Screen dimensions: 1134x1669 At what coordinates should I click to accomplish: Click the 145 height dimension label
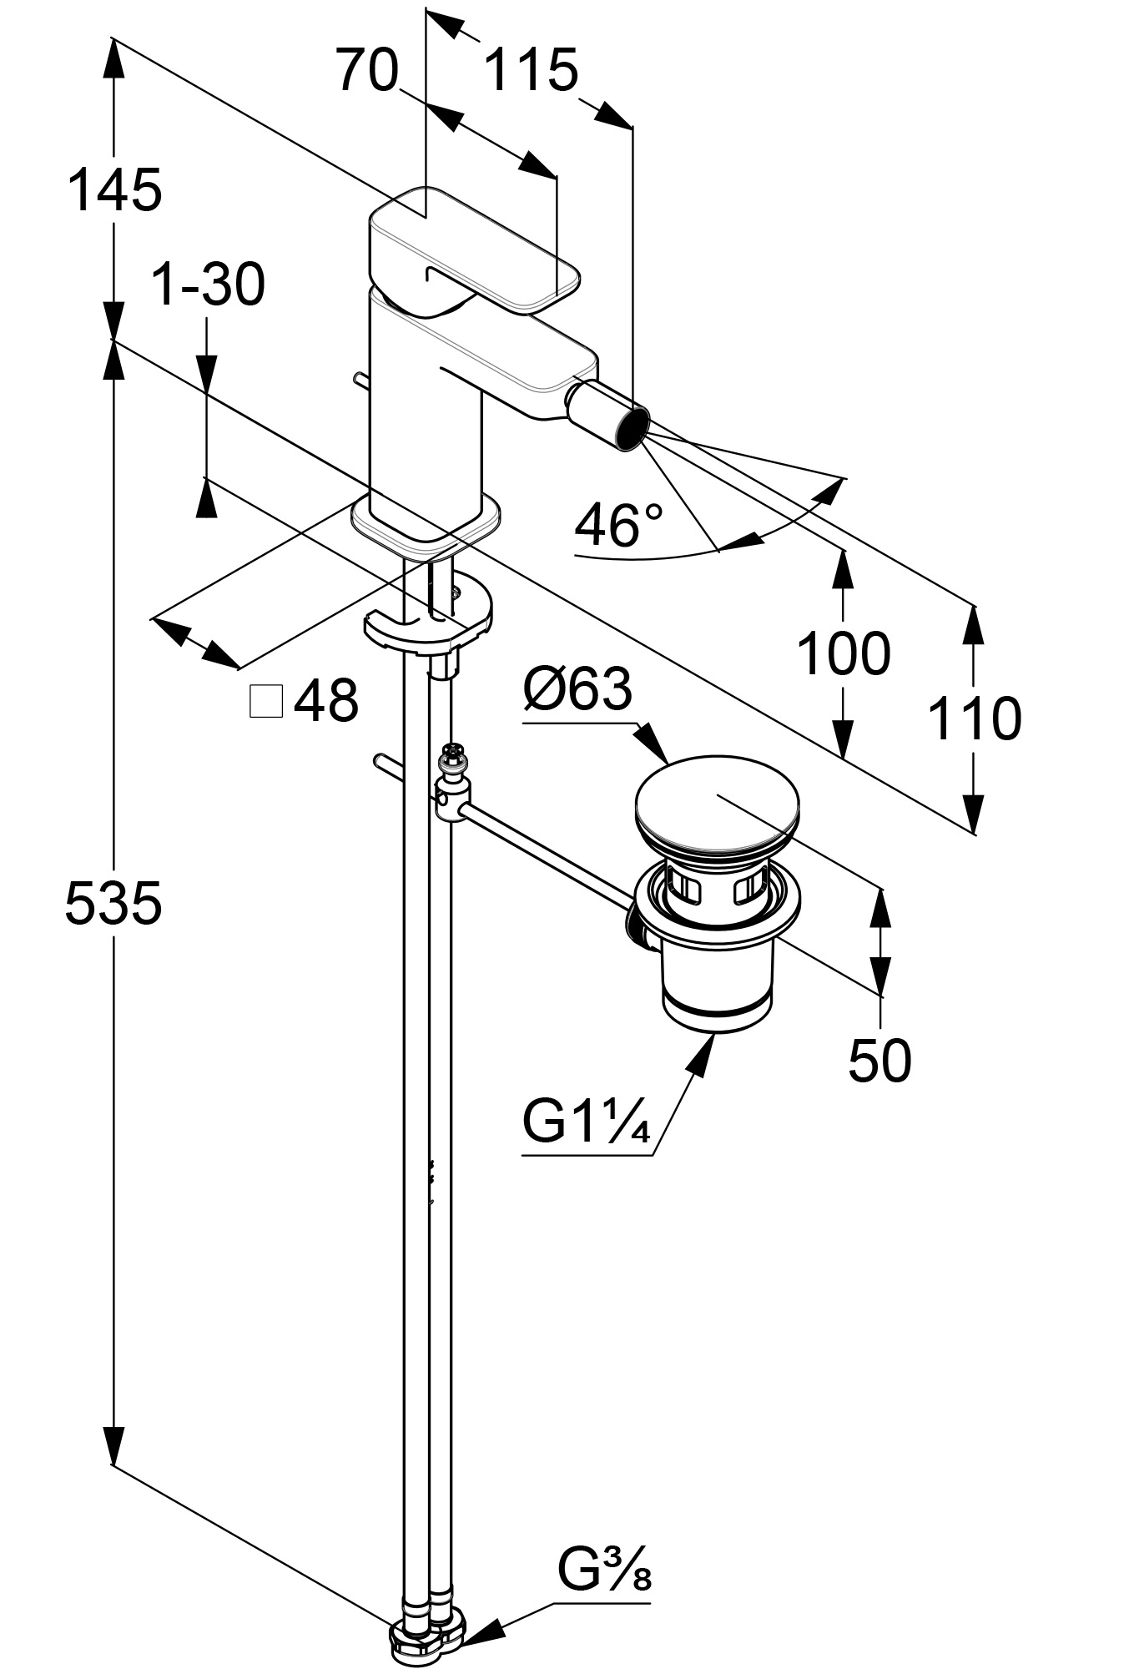[x=114, y=189]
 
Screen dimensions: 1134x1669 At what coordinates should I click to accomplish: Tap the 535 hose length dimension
[x=113, y=903]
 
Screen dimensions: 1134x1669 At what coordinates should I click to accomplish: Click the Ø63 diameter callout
[x=577, y=689]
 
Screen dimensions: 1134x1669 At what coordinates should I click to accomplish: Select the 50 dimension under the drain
[x=879, y=1061]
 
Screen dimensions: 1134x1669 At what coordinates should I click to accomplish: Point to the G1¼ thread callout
[x=586, y=1122]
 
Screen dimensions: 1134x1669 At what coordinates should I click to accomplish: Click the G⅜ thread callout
[x=604, y=1571]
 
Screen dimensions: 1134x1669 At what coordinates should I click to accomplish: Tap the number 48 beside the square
[x=326, y=700]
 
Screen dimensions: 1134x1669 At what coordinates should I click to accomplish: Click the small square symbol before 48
[x=267, y=701]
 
